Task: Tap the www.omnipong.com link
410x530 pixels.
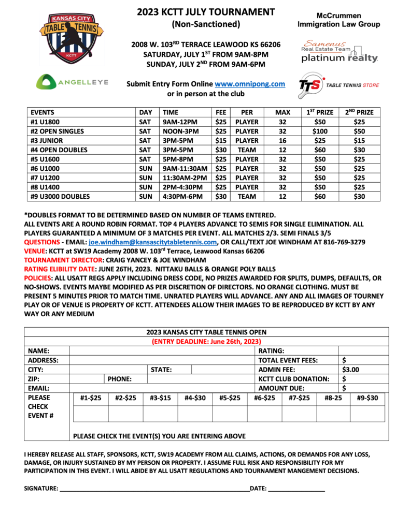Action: point(250,84)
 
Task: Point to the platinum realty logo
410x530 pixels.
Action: point(340,52)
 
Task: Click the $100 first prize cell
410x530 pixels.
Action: point(320,131)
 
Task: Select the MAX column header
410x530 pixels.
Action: point(282,112)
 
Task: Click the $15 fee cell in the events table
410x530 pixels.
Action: point(220,140)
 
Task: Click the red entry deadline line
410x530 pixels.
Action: point(206,342)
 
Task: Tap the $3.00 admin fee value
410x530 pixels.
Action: point(351,370)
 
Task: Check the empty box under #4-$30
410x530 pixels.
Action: point(195,414)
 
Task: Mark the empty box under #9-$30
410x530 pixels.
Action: point(368,414)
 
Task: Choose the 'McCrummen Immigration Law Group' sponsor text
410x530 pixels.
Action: point(338,20)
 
